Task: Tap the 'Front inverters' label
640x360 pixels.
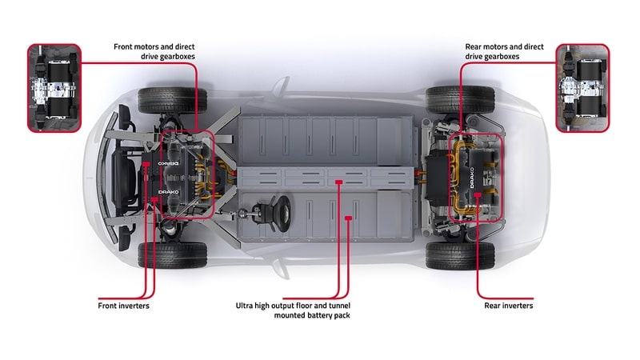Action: pyautogui.click(x=123, y=306)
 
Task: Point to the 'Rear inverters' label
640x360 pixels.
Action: pyautogui.click(x=508, y=306)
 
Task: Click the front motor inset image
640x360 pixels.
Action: pyautogui.click(x=54, y=88)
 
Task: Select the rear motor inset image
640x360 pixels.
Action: pyautogui.click(x=582, y=88)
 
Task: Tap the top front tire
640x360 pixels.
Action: pyautogui.click(x=172, y=99)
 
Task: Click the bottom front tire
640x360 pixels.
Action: pyautogui.click(x=172, y=254)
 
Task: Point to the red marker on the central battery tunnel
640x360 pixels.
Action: pyautogui.click(x=340, y=182)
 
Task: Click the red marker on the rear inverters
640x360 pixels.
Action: pyautogui.click(x=478, y=194)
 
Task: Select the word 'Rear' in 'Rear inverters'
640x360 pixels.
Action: pyautogui.click(x=494, y=306)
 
